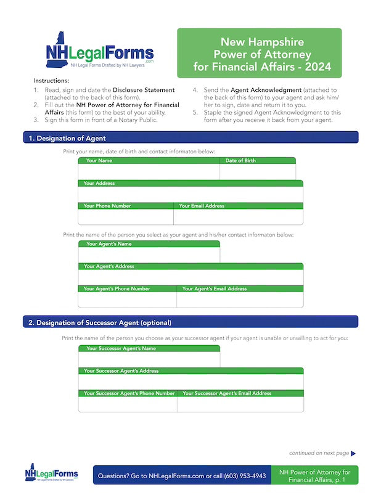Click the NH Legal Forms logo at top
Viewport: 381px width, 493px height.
pos(99,51)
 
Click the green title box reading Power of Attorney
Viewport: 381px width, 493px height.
pos(259,52)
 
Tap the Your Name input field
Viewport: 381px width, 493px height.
pos(149,172)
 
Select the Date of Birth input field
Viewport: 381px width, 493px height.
pos(257,172)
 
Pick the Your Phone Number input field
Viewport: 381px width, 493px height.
pos(126,217)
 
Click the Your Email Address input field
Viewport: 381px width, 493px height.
pos(238,217)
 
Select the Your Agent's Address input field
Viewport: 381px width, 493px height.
pos(190,277)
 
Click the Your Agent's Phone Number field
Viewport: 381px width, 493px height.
pos(127,299)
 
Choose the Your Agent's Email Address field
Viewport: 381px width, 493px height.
pos(240,299)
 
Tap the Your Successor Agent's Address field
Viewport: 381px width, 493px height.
pos(190,382)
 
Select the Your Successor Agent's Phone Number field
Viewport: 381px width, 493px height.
pos(127,404)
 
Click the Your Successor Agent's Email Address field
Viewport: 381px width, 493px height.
pos(240,404)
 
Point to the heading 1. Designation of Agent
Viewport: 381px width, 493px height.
pos(68,139)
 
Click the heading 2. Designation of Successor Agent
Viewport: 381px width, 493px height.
pos(104,322)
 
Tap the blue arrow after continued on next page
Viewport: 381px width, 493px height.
pos(353,454)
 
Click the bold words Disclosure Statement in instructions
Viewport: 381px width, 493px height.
pos(144,90)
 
